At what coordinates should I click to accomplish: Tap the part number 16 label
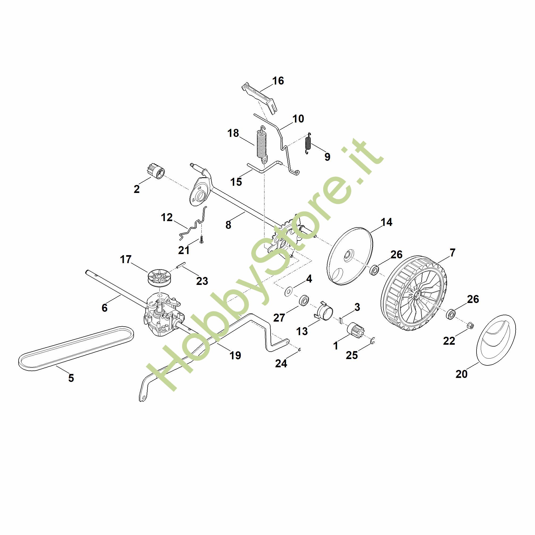coord(278,81)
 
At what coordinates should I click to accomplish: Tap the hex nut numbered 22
coord(470,326)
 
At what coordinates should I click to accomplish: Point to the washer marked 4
coord(289,292)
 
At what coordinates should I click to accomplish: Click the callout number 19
coord(235,355)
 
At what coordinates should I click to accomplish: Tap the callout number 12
coord(167,217)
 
